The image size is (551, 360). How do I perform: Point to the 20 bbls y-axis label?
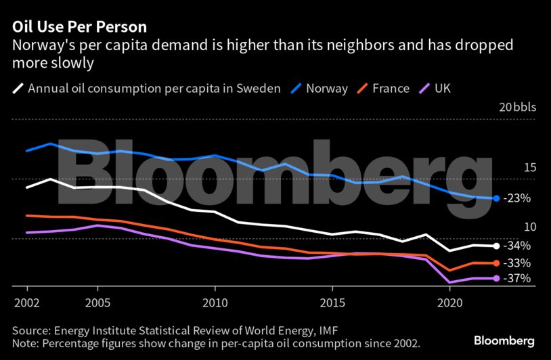(x=516, y=108)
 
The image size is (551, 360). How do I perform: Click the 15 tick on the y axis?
(x=511, y=168)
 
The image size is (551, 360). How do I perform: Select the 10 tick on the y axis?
(x=511, y=227)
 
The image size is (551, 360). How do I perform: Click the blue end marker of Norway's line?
(x=497, y=198)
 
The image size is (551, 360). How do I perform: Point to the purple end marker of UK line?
(x=497, y=279)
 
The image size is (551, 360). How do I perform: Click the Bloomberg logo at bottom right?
(x=504, y=341)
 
